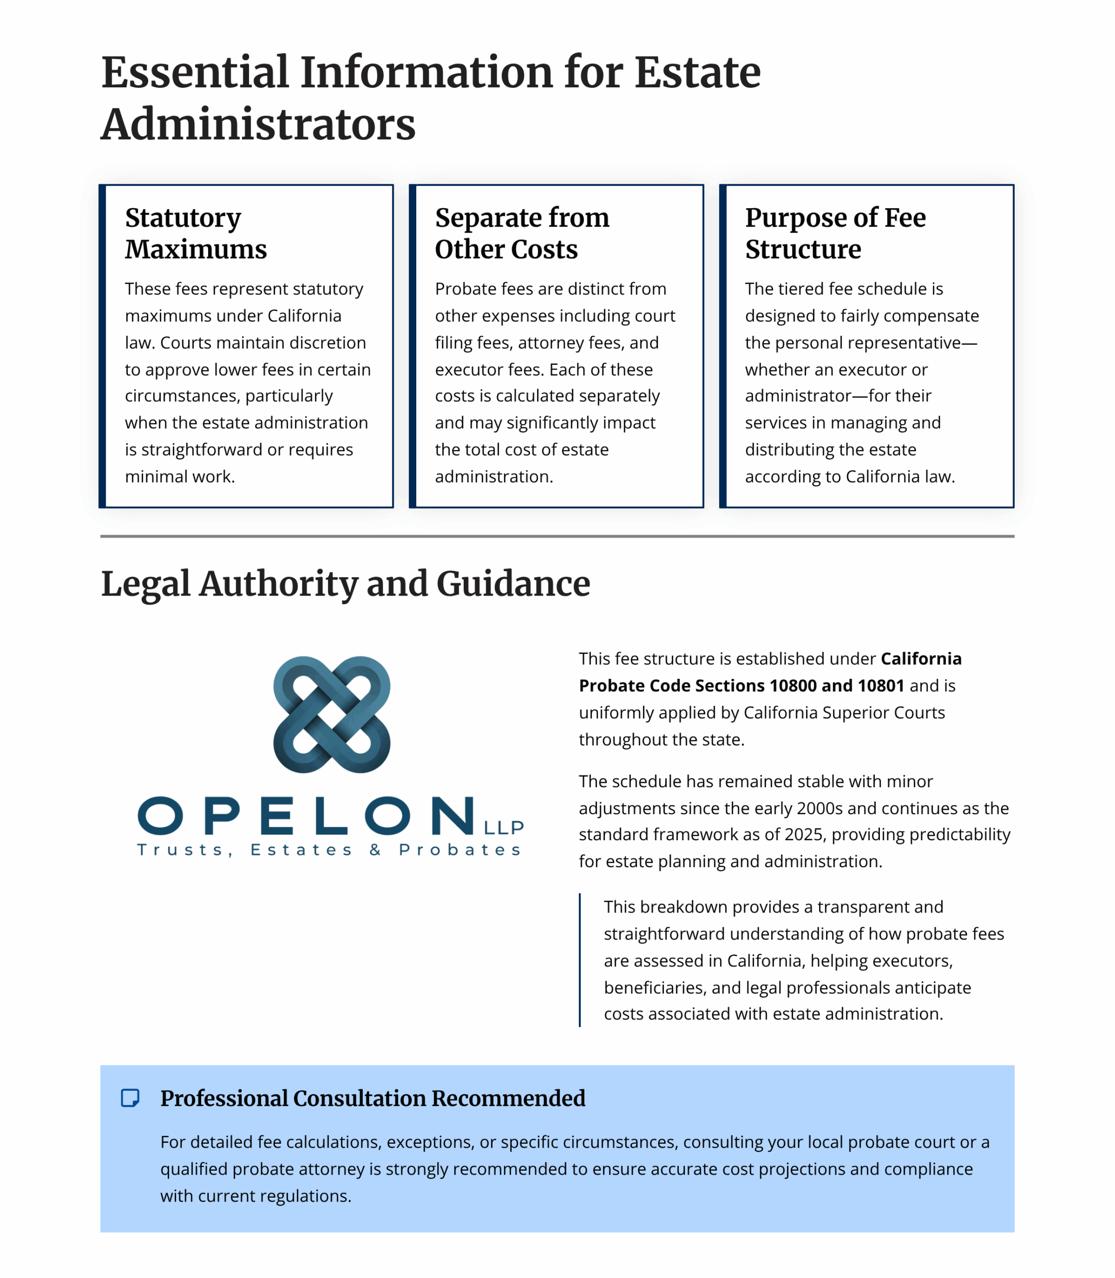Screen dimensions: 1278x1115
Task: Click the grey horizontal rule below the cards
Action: click(557, 536)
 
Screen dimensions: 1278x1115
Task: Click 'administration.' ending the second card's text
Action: click(494, 477)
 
